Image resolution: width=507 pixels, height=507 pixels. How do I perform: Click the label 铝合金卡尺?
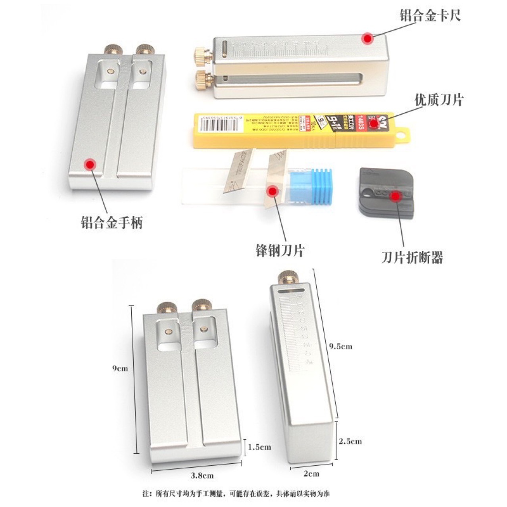430,16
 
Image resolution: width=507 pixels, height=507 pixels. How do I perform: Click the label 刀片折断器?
412,258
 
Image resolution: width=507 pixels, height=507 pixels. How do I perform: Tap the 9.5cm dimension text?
341,346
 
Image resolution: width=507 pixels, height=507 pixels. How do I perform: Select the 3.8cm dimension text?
202,475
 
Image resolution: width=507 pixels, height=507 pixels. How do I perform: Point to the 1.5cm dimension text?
259,447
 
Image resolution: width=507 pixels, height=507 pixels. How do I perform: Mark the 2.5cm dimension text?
350,441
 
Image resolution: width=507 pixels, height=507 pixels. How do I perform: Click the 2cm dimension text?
311,473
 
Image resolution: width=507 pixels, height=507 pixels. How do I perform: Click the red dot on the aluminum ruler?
368,38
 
